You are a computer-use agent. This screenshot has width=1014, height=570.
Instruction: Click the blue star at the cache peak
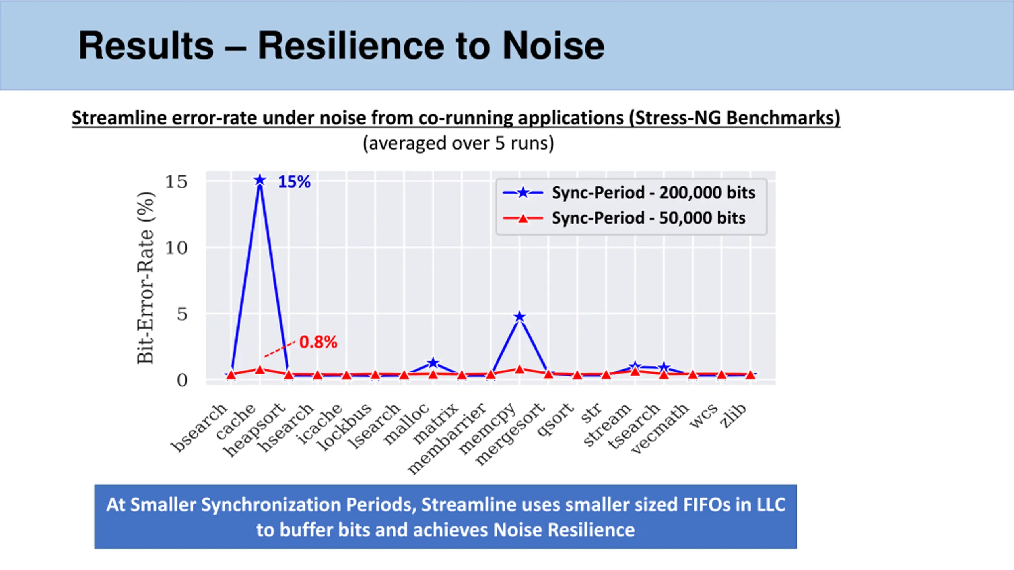(260, 180)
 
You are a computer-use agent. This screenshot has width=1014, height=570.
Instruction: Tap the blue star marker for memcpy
(520, 317)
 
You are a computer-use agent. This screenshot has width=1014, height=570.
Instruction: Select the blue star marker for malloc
(433, 363)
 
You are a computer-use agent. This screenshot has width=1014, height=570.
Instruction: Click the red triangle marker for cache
(260, 370)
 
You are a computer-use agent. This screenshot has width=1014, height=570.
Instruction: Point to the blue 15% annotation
(294, 182)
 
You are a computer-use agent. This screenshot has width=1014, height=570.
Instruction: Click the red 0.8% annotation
(318, 342)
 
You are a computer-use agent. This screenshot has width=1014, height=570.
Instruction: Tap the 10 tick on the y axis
(176, 248)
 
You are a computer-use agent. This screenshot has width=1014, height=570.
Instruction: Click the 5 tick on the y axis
(182, 314)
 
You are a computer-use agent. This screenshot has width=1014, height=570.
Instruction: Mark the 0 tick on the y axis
(182, 380)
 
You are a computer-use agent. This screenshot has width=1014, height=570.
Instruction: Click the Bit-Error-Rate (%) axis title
(145, 278)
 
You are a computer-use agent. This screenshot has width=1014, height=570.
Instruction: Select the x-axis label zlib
(734, 416)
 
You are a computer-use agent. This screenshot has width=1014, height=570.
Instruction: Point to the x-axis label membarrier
(447, 439)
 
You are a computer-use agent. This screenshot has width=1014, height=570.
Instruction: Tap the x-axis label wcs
(703, 415)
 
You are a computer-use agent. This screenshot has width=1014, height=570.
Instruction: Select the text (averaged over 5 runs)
(458, 143)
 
